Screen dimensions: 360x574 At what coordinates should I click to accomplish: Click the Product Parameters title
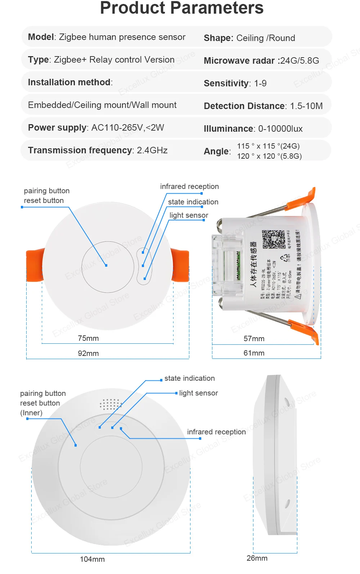pyautogui.click(x=182, y=8)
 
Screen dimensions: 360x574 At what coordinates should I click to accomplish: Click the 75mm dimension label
pyautogui.click(x=88, y=338)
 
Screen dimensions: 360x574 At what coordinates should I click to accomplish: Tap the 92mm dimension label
pyautogui.click(x=88, y=353)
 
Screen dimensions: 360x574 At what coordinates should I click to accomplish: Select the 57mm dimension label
pyautogui.click(x=254, y=339)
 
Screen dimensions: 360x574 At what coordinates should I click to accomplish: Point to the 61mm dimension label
pyautogui.click(x=254, y=353)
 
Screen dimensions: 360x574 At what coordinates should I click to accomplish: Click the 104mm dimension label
pyautogui.click(x=92, y=559)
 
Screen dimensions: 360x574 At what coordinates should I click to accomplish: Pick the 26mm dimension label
pyautogui.click(x=257, y=558)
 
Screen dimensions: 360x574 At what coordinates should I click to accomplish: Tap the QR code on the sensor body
pyautogui.click(x=273, y=239)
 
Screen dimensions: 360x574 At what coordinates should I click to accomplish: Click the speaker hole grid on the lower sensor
pyautogui.click(x=111, y=404)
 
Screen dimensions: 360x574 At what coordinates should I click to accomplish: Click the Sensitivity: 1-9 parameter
pyautogui.click(x=235, y=83)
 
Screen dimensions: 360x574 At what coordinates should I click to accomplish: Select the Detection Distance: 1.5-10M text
pyautogui.click(x=263, y=106)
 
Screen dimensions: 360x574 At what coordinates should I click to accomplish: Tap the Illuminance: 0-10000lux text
pyautogui.click(x=253, y=129)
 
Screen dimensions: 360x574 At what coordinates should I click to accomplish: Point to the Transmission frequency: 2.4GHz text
pyautogui.click(x=98, y=150)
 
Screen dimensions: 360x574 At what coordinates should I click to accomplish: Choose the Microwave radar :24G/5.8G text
pyautogui.click(x=261, y=61)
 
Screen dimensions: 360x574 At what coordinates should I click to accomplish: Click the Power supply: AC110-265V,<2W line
pyautogui.click(x=96, y=128)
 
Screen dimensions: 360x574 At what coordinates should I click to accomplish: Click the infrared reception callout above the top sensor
pyautogui.click(x=189, y=186)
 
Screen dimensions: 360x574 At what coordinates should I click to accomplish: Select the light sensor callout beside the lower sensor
pyautogui.click(x=198, y=393)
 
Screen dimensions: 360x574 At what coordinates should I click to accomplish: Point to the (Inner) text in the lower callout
pyautogui.click(x=31, y=413)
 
